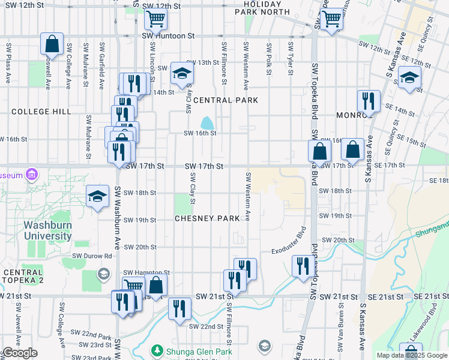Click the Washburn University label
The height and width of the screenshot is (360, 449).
[48, 231]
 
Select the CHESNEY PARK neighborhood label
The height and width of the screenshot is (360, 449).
[207, 218]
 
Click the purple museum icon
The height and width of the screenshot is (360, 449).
[32, 175]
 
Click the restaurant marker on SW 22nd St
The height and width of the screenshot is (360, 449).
[179, 310]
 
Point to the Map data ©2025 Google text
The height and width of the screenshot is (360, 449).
[411, 355]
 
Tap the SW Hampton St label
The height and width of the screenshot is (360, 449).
[140, 272]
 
